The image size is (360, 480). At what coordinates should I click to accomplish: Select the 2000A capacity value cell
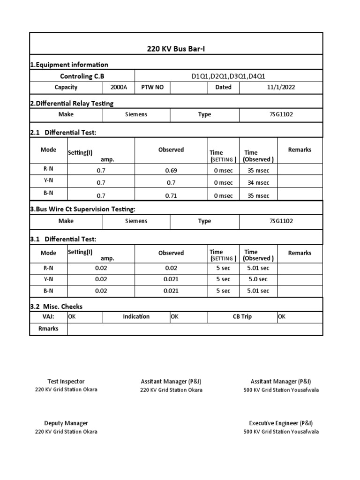pos(119,87)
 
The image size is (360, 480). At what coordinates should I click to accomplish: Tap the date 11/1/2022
pos(281,87)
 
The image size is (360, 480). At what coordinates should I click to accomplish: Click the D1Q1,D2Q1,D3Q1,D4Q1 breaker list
pos(228,76)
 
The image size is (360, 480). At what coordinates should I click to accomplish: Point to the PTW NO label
pos(152,87)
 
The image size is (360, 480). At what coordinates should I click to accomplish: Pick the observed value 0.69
pos(171,170)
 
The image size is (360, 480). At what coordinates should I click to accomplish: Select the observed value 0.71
pos(171,195)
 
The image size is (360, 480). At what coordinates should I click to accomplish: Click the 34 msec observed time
pos(258,183)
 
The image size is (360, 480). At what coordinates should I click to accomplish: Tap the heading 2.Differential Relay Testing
pos(72,103)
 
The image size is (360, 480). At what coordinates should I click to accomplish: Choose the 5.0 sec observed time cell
pos(258,279)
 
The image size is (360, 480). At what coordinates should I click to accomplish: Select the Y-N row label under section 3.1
pos(48,278)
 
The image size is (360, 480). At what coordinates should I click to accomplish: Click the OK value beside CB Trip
pos(282,316)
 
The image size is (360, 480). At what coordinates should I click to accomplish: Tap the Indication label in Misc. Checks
pos(136,316)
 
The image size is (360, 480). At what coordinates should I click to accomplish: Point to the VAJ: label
pos(48,316)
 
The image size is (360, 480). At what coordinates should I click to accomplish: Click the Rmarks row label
pos(48,329)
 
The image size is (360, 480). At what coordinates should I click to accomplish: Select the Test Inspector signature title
pos(66,382)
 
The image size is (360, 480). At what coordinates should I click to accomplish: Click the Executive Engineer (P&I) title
pos(281,423)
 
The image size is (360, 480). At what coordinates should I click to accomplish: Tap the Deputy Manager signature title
pos(66,423)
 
